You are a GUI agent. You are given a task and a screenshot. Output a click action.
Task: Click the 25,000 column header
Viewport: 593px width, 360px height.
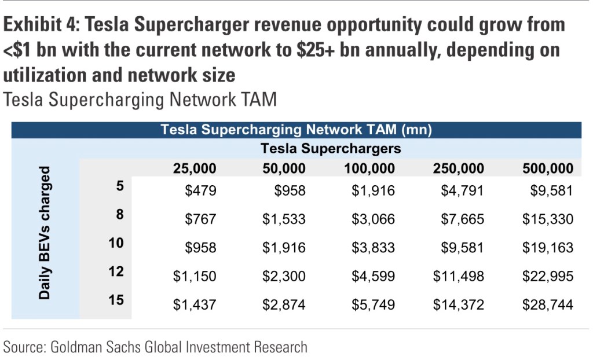(194, 168)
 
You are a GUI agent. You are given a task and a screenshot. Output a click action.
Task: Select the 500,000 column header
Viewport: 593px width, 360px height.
(547, 168)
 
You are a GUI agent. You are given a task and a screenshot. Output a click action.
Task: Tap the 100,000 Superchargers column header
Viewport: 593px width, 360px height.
(371, 168)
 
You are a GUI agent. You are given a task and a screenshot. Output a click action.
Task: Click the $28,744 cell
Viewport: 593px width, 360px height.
(547, 304)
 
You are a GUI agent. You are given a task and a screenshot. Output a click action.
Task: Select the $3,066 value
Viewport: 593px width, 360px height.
(374, 219)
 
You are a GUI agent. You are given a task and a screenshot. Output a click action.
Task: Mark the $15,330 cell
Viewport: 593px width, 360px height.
(547, 219)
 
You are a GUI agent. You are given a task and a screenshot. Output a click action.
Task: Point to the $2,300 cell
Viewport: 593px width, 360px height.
(284, 276)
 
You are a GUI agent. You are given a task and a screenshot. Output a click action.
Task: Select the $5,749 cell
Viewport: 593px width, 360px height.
(374, 304)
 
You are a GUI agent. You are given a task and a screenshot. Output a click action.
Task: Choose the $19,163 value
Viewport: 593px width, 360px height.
(547, 248)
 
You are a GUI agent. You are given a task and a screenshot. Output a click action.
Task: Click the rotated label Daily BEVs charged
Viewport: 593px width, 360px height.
(45, 233)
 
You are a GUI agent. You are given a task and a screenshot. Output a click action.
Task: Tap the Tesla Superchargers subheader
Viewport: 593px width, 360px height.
(331, 149)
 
